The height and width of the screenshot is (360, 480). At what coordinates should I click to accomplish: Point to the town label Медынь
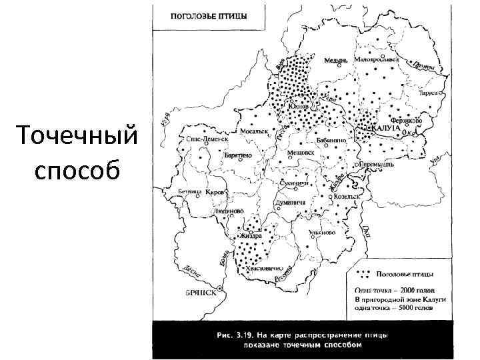(x=336, y=59)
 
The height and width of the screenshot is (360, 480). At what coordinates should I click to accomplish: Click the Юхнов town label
(x=297, y=107)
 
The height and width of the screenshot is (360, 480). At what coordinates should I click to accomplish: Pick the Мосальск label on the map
(x=254, y=131)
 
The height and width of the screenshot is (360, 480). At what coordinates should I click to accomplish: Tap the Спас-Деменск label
(x=207, y=139)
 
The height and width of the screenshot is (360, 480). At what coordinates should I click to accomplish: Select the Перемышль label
(x=377, y=163)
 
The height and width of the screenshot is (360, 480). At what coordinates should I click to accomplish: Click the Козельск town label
(x=347, y=197)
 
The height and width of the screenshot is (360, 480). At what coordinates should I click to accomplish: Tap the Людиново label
(x=227, y=210)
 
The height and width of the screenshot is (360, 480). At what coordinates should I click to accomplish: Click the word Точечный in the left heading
(x=79, y=137)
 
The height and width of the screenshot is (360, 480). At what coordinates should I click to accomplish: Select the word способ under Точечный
(x=79, y=170)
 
